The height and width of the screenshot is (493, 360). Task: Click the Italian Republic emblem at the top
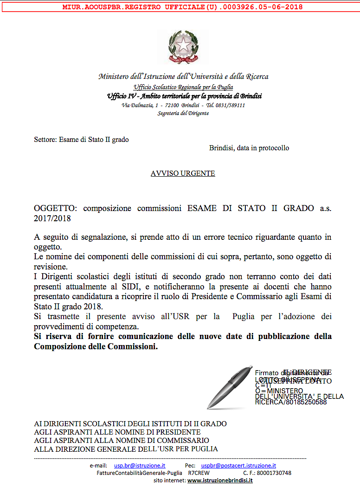click(183, 47)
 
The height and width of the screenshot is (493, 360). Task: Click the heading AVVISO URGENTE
click(183, 173)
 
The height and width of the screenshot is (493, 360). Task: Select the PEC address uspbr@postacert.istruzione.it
click(238, 465)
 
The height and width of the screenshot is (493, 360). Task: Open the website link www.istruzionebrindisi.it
click(220, 480)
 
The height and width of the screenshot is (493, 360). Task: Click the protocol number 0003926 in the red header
click(251, 7)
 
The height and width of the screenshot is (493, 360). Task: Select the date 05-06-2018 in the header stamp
click(284, 7)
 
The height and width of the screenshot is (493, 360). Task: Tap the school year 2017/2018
click(52, 218)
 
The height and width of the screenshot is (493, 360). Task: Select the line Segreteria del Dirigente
click(183, 113)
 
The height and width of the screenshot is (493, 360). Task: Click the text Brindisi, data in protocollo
click(249, 148)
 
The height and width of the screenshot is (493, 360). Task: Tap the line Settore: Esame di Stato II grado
click(81, 139)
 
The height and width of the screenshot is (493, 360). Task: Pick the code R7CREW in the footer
click(199, 473)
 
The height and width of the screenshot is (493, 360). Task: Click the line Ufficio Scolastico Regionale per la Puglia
click(183, 87)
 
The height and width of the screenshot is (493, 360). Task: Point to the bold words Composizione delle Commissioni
click(96, 346)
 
